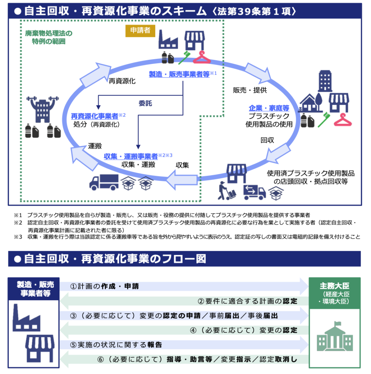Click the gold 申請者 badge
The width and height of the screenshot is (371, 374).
point(140,31)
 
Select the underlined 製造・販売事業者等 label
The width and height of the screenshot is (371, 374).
point(179,74)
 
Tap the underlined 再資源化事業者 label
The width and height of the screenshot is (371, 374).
point(95,116)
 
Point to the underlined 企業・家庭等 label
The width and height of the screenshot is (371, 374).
point(269,108)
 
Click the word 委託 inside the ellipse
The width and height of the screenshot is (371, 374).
point(145,103)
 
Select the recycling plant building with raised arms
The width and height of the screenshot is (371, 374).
point(43,108)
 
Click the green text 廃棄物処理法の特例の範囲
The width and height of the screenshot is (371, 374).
point(49,37)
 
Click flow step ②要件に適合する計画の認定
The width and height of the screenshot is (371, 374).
point(247,301)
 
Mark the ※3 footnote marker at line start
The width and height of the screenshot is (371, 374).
point(18,237)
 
